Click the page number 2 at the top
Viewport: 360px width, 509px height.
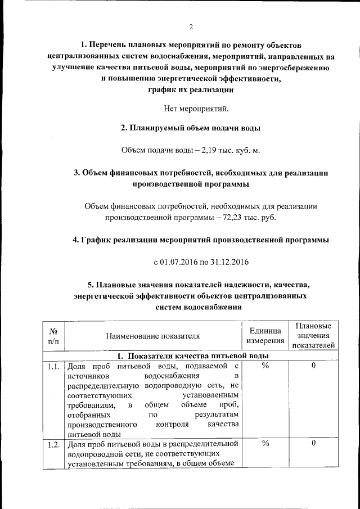click(191, 27)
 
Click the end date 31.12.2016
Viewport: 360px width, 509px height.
click(229, 262)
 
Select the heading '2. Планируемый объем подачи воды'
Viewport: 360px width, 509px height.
click(191, 128)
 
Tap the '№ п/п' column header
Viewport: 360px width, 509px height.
click(54, 336)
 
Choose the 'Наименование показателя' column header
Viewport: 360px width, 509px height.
click(153, 336)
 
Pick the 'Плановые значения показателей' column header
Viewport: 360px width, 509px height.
click(313, 336)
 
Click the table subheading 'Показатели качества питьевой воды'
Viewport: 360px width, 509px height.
click(191, 356)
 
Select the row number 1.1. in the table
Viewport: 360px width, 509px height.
click(54, 367)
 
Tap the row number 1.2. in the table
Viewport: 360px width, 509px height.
click(54, 444)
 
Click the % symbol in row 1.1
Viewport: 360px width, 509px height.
click(265, 367)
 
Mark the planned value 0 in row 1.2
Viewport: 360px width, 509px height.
click(313, 444)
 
